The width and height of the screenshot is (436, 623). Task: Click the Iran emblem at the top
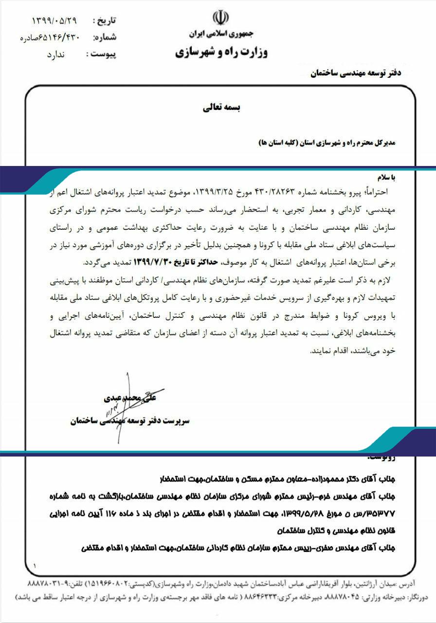pos(220,18)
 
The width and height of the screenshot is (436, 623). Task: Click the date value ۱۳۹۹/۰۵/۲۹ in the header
pos(54,20)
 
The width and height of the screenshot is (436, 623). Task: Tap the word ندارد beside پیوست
pos(55,55)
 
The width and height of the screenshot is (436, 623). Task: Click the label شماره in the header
pos(104,37)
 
